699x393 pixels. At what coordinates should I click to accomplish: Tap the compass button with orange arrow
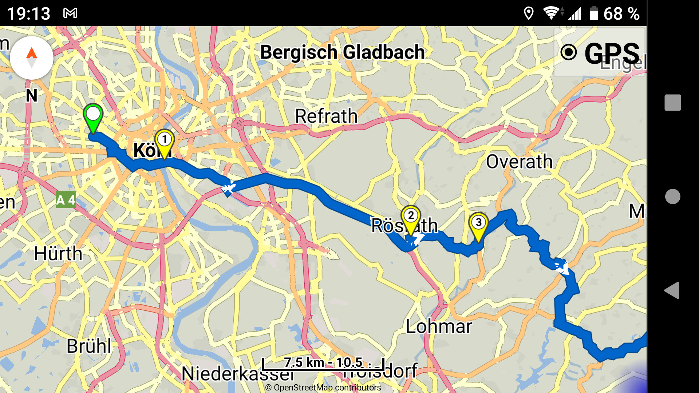coord(32,57)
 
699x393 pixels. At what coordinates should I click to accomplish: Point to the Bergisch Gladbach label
coord(342,52)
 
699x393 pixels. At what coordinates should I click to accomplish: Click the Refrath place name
coord(326,116)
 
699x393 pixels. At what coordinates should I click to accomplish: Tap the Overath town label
coord(519,162)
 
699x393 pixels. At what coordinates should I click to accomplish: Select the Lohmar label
coord(439,326)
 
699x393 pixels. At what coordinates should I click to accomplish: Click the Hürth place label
coord(58,253)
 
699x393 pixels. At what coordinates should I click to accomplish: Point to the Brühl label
coord(89,346)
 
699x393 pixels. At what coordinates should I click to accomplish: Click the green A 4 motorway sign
coord(66,200)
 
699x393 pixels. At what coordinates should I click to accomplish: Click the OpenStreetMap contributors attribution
coord(323,388)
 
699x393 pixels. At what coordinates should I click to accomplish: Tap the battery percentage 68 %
coord(621,14)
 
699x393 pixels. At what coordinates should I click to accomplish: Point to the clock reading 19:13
coord(29,14)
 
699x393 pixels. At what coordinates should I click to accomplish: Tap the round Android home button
coord(672,196)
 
